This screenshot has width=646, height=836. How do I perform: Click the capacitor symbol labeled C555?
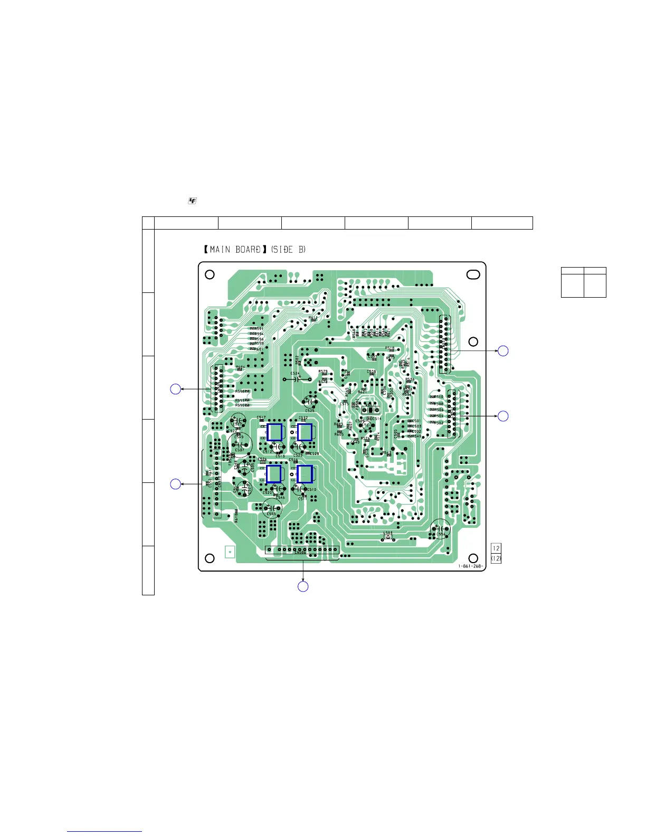[x=271, y=508]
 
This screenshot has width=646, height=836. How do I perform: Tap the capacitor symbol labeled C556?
[x=440, y=528]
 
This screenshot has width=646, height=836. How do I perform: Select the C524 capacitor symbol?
[x=296, y=378]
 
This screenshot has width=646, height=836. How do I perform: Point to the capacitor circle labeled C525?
[x=310, y=402]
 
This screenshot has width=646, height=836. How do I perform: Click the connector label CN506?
[x=301, y=553]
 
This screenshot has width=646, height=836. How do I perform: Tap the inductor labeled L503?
[x=388, y=534]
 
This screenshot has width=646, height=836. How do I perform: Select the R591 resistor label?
[x=259, y=329]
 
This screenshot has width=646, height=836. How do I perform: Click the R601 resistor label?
[x=259, y=349]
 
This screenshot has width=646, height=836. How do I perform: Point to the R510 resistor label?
[x=439, y=397]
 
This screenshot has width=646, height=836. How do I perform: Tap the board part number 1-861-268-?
[x=470, y=566]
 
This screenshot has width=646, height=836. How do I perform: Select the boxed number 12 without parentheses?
[x=496, y=548]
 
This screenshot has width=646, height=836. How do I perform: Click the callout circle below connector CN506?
[x=303, y=586]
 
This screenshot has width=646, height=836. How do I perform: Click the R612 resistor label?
[x=313, y=318]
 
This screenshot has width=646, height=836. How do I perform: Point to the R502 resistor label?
[x=439, y=423]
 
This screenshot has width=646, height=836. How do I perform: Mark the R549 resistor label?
[x=416, y=436]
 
